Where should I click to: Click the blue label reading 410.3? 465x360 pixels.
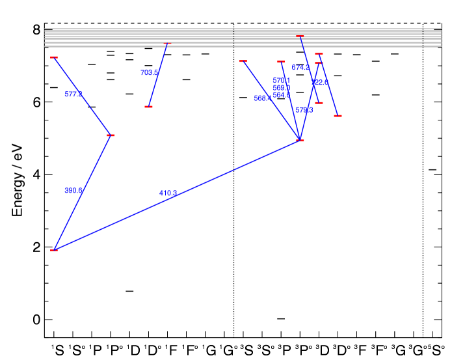click(x=168, y=193)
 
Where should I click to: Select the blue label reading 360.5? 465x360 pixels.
click(x=73, y=191)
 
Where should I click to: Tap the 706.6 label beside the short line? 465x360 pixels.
click(x=149, y=73)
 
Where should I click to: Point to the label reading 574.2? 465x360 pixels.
click(x=300, y=68)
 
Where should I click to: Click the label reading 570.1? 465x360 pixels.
click(x=281, y=81)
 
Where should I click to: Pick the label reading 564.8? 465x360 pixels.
click(x=281, y=95)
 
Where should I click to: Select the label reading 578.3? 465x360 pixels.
click(x=304, y=111)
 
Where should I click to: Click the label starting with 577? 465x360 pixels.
click(x=73, y=94)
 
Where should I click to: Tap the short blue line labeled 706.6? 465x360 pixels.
click(x=158, y=76)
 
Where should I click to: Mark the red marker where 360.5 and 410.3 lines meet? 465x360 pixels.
click(x=54, y=250)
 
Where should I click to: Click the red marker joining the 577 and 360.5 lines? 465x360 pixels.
click(x=111, y=135)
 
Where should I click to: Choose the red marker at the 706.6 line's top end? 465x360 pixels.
click(x=167, y=44)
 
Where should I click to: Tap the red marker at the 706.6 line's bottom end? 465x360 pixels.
click(x=149, y=107)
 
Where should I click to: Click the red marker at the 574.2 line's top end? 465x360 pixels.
click(x=300, y=36)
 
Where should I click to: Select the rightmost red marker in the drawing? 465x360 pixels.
click(x=338, y=116)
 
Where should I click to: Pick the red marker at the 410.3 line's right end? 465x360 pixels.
click(x=300, y=141)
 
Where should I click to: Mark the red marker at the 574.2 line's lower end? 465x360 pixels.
click(x=319, y=103)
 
